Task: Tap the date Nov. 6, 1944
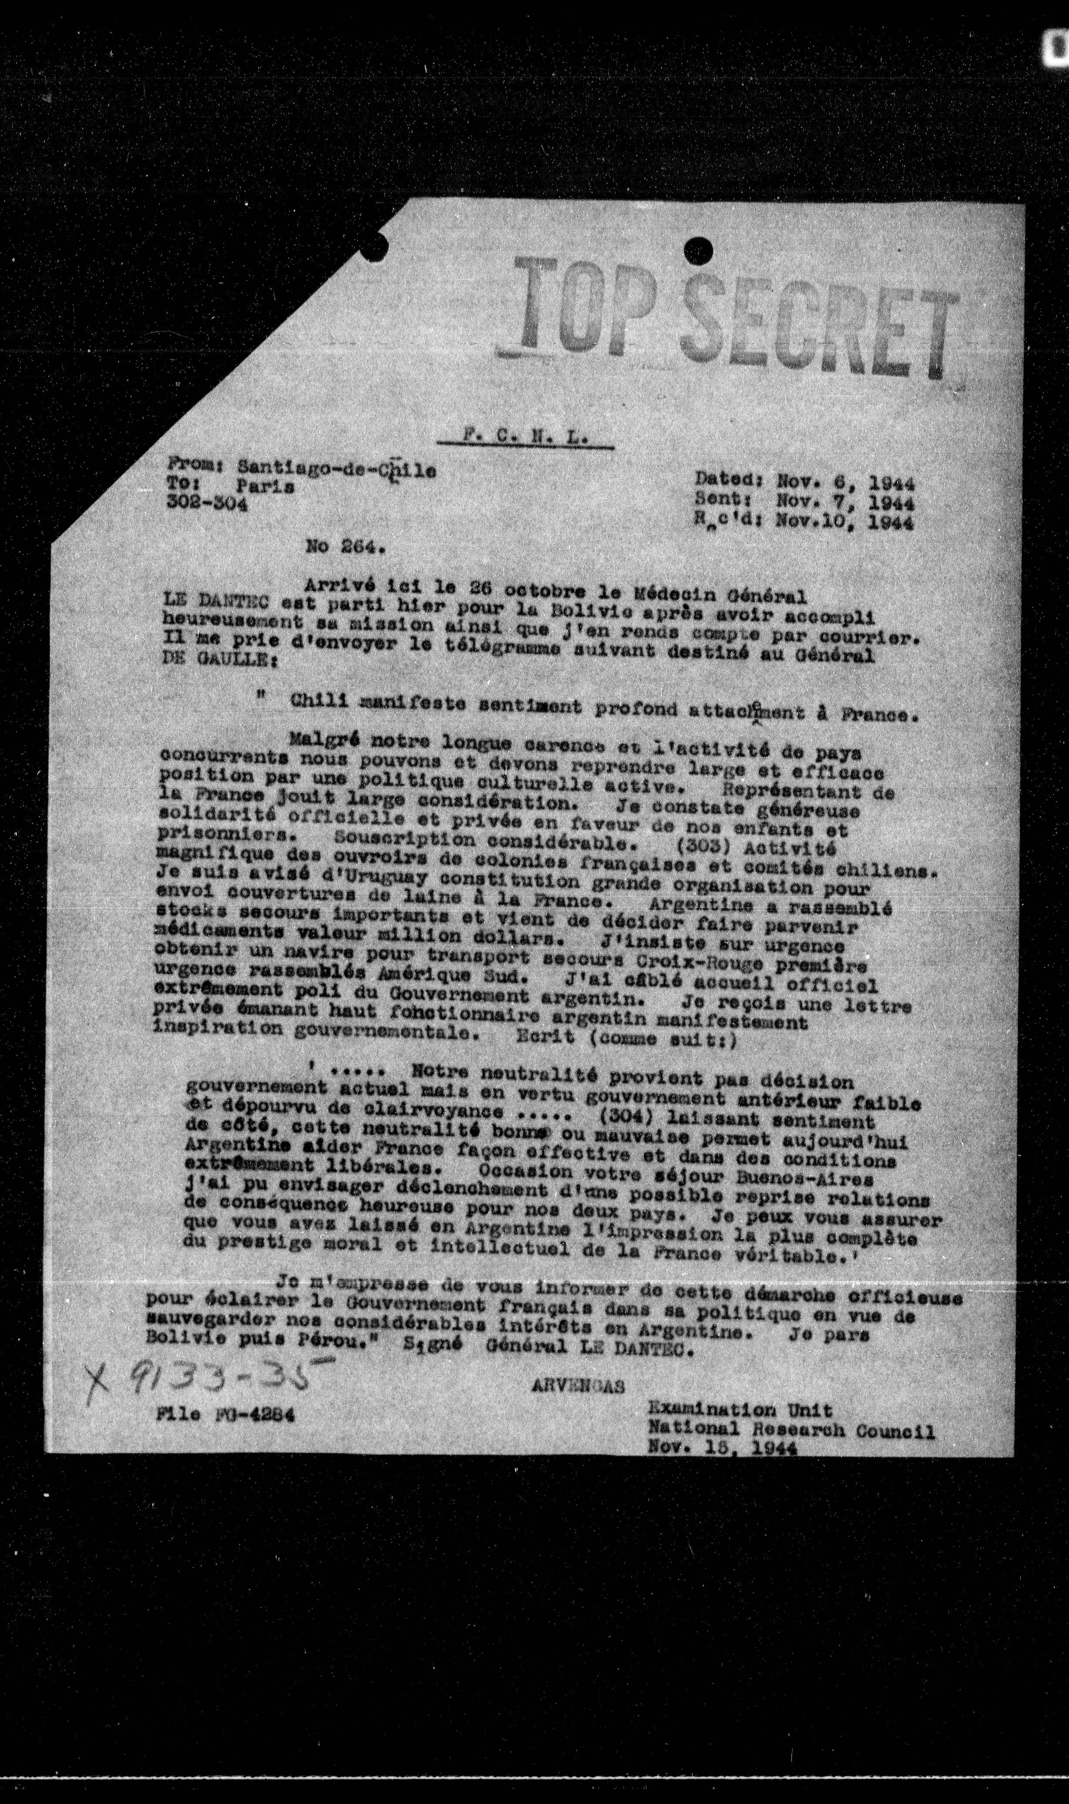click(845, 481)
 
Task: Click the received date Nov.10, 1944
click(845, 522)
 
